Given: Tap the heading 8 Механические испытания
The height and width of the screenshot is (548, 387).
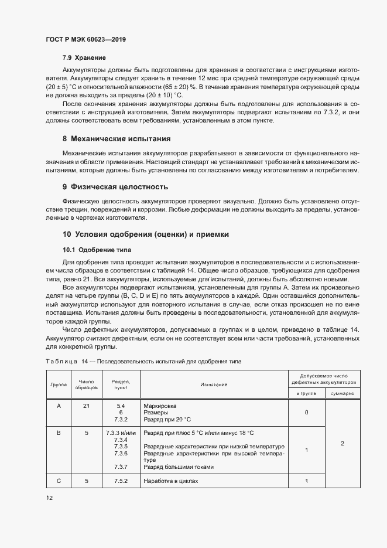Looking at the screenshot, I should [117, 139].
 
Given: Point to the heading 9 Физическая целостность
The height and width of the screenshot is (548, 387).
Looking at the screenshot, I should [115, 187].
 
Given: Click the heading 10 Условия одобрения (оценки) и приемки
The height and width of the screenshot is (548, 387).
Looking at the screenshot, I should [145, 234].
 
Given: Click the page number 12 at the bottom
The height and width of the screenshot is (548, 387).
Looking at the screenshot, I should [50, 498].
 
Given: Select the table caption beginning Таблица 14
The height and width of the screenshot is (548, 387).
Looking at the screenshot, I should [143, 362].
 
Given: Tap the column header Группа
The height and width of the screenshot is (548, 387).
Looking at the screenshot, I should [58, 384].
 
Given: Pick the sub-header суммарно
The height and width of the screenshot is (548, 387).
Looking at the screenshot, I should [342, 393].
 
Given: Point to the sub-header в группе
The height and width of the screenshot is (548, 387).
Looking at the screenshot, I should [307, 393].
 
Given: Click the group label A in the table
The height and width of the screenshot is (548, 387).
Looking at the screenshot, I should [58, 406].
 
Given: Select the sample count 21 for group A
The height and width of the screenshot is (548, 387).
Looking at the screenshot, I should [87, 406].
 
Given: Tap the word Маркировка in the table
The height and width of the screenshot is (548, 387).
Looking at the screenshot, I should [160, 406].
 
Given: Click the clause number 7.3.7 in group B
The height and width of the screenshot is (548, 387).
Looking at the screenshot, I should [121, 467].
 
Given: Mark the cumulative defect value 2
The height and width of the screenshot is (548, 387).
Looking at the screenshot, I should [342, 443].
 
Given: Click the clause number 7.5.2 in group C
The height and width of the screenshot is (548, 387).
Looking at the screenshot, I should [121, 481].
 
